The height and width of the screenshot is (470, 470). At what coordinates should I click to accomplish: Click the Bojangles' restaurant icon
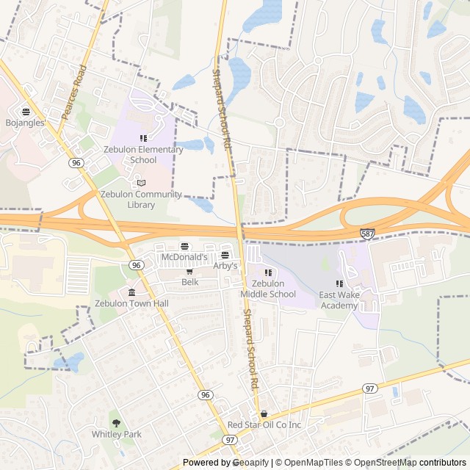pos(26,112)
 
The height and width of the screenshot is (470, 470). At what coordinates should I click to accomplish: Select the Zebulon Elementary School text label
pos(144,155)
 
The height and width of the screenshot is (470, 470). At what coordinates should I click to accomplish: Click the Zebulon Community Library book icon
pos(141,182)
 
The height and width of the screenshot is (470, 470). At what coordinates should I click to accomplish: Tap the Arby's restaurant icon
pos(225,255)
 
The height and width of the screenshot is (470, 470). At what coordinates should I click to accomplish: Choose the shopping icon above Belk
pos(189,271)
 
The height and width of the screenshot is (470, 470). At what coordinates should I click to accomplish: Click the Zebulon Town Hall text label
pos(131,303)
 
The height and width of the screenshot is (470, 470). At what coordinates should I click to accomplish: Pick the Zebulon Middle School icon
pos(267,272)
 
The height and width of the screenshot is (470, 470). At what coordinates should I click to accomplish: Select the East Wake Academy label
pos(339,300)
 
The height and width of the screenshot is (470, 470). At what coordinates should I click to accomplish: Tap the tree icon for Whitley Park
pos(116,422)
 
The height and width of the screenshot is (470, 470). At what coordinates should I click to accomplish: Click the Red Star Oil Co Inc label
pos(264,425)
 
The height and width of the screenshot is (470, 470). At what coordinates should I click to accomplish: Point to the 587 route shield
pos(368,233)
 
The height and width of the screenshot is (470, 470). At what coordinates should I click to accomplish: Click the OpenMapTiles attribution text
pos(314,463)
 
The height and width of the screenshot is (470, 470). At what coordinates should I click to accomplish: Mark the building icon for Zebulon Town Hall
pos(131,292)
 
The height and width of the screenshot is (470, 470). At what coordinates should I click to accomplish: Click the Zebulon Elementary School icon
pos(144,138)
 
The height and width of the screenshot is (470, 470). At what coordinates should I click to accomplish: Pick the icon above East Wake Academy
pos(339,283)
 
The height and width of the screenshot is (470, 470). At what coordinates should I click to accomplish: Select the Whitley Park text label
pos(116,434)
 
